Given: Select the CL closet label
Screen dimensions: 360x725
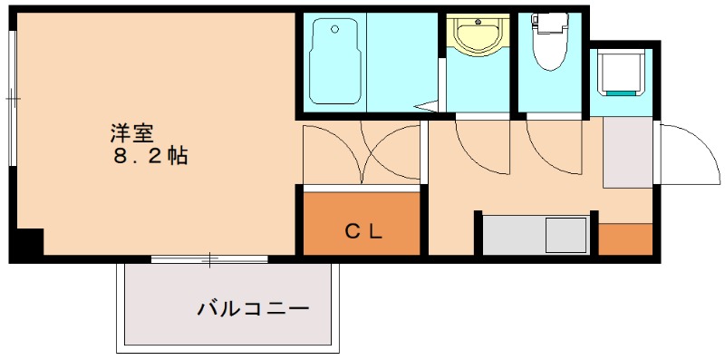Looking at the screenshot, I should coord(362,230).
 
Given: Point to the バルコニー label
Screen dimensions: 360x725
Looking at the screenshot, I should coord(253,309).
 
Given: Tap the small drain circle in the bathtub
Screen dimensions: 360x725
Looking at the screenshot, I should coord(335,29).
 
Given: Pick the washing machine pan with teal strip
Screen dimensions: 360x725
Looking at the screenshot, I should coord(621,72).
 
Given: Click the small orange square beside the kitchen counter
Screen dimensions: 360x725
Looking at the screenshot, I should coord(625,238).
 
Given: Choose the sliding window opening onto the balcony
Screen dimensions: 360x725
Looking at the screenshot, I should coord(210,260).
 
